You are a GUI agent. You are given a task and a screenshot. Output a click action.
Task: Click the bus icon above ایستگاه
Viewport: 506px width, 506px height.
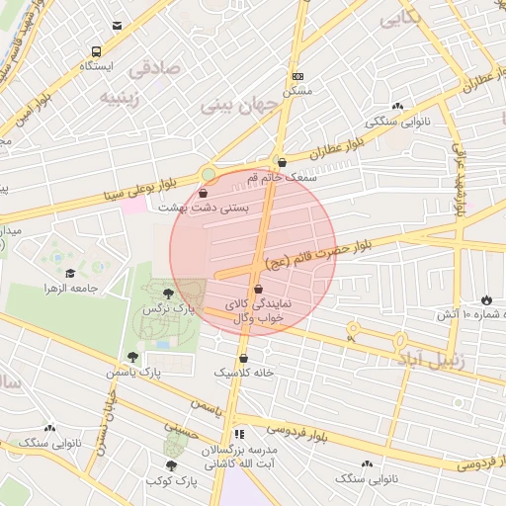(x=95, y=51)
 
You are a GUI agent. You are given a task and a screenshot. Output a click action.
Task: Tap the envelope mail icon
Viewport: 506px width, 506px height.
(x=118, y=27)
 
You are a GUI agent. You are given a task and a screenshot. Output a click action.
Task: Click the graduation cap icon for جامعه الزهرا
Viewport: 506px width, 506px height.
(x=70, y=273)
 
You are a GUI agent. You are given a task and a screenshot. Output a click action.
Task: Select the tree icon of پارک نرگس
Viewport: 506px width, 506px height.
(x=169, y=293)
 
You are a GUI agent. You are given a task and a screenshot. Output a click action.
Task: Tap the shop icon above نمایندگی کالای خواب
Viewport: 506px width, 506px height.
(x=258, y=289)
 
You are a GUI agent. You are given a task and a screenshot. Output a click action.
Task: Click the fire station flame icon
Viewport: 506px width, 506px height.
(x=486, y=298)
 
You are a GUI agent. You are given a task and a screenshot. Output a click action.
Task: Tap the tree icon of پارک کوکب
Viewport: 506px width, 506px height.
(x=171, y=464)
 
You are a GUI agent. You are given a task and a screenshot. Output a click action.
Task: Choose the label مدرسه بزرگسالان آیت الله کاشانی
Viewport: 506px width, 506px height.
(x=238, y=456)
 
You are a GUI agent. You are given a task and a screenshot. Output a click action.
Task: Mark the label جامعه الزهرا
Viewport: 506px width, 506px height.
(x=70, y=288)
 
